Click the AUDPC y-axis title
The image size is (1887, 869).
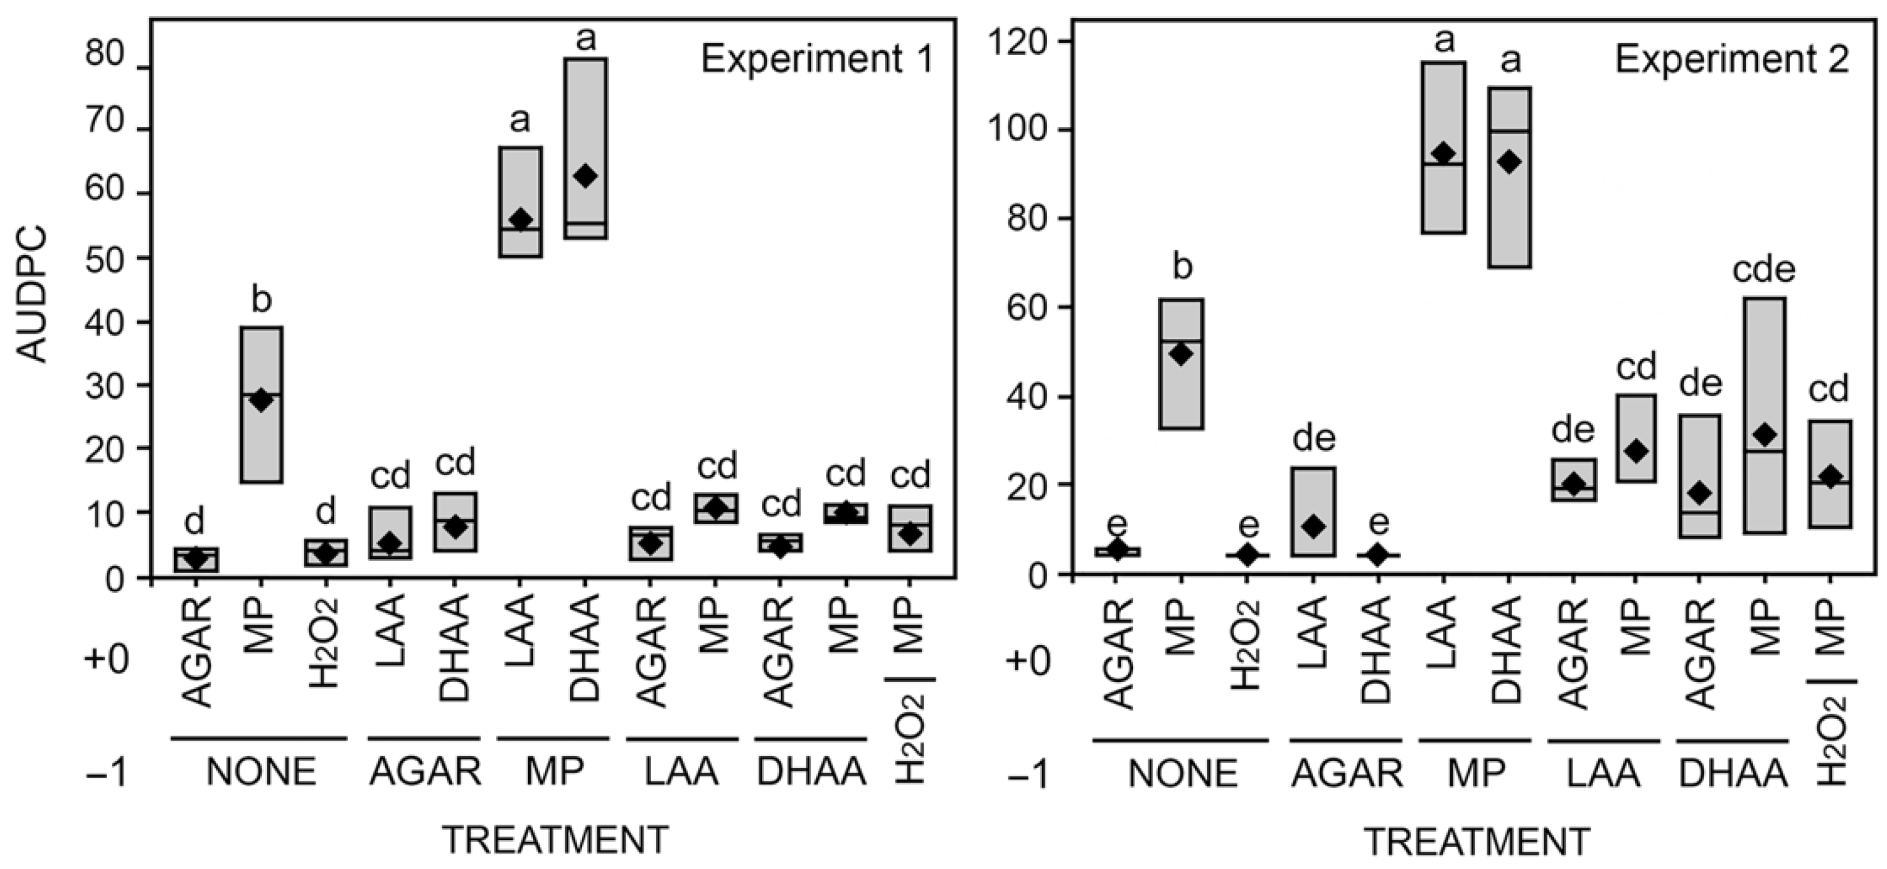tap(33, 294)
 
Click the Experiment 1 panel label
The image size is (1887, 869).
tap(817, 59)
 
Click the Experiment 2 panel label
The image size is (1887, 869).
tap(1732, 59)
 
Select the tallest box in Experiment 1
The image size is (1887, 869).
tap(586, 148)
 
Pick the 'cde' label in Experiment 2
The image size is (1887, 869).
tap(1763, 270)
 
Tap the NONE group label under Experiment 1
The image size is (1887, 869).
tap(261, 772)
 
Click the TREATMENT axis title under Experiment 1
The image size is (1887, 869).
tap(555, 841)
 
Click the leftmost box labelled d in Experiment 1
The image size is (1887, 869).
tap(196, 560)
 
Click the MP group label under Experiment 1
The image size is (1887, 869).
tap(555, 772)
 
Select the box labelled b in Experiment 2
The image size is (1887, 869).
tap(1181, 364)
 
